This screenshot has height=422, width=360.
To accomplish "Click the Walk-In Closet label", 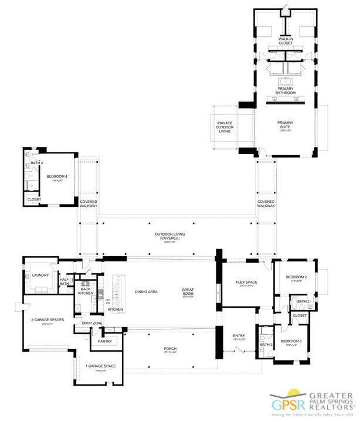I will click(286, 41).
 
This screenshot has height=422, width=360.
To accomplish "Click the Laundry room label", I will click(40, 275).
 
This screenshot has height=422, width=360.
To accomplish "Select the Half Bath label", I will click(64, 282).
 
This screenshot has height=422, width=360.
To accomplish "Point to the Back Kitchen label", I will click(86, 290).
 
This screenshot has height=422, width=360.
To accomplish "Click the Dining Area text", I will click(146, 291).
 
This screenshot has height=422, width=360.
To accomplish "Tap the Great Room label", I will click(188, 290).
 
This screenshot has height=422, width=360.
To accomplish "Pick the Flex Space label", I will click(246, 283).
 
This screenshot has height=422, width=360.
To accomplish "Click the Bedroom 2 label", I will click(296, 277).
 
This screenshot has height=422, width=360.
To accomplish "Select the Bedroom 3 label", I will click(291, 341).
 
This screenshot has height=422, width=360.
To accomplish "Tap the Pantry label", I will click(105, 341).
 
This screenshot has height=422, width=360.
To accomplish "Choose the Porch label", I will click(170, 349).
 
